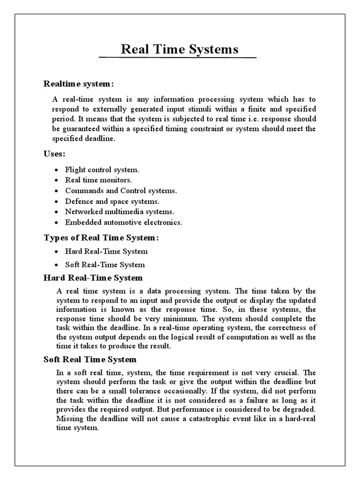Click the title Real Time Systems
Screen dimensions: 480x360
(x=180, y=49)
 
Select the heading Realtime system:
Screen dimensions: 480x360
(x=79, y=84)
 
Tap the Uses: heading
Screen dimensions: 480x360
(x=54, y=154)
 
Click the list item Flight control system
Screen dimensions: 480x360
(x=102, y=170)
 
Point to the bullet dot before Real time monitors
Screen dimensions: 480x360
(x=56, y=180)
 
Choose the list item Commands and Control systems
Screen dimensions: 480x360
(x=121, y=191)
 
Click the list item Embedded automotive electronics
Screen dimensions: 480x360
(x=124, y=222)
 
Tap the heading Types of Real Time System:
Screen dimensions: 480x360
(x=101, y=238)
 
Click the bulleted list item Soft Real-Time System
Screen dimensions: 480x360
(x=105, y=264)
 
